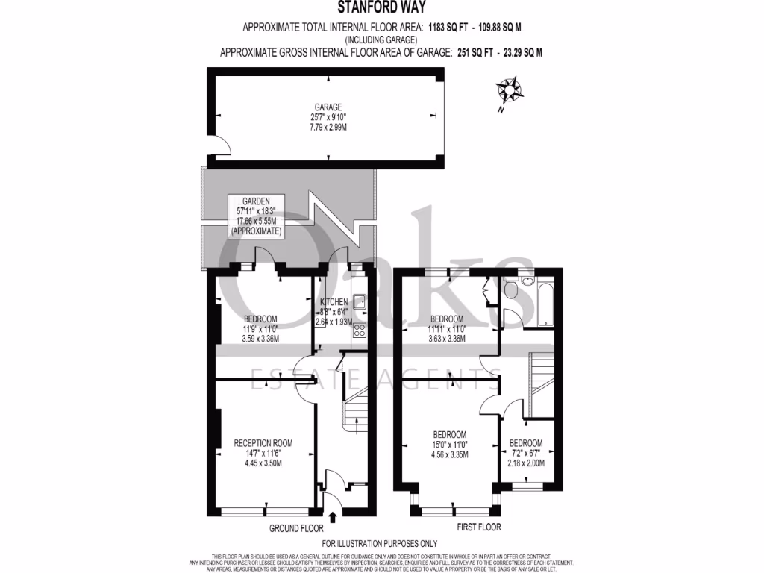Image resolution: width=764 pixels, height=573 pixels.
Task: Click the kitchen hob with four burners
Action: [x=359, y=331]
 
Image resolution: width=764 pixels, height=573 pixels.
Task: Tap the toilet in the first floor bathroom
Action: [x=511, y=290]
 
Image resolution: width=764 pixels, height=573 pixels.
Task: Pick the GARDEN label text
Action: [x=256, y=201]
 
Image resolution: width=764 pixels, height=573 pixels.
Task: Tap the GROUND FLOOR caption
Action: [x=297, y=527]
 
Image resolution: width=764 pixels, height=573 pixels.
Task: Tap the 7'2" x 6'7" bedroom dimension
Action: [x=527, y=452]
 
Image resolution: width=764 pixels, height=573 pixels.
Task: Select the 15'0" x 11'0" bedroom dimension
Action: [x=450, y=445]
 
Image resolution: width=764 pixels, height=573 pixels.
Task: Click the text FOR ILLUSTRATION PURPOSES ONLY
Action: [x=380, y=544]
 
